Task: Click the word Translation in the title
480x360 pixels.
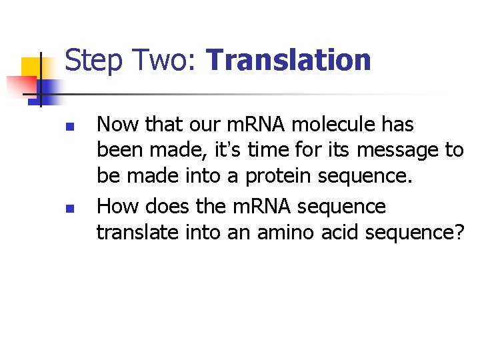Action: point(289,59)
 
